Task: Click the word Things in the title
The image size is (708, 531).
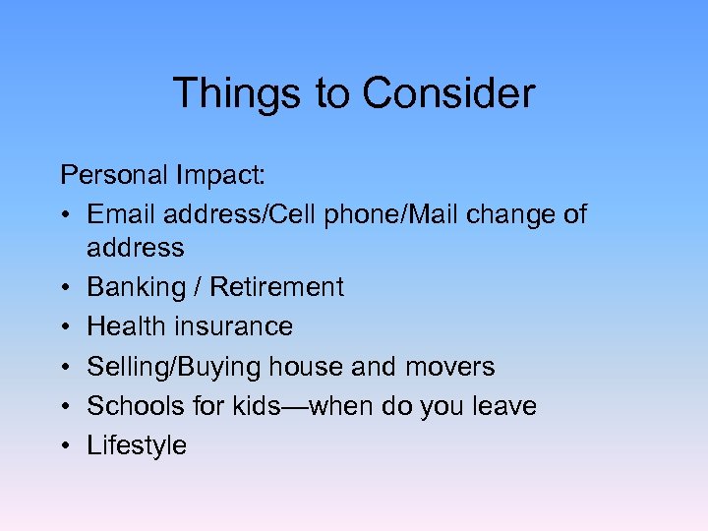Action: tap(236, 94)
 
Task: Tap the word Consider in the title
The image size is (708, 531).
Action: tap(448, 94)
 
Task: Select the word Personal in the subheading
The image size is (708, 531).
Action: tap(114, 176)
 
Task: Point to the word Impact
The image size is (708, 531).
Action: tap(223, 176)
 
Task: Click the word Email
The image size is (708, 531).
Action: tap(123, 215)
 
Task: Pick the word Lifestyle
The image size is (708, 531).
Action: tap(137, 445)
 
